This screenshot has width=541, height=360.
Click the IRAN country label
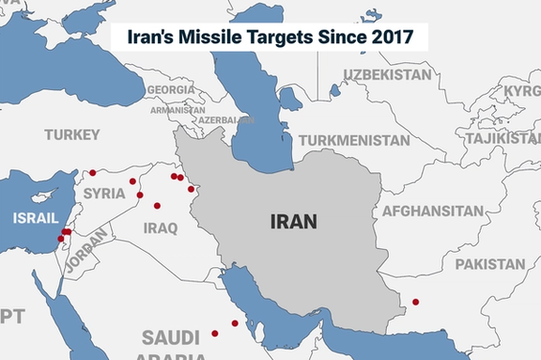(x=293, y=222)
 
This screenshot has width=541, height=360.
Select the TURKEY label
(x=71, y=135)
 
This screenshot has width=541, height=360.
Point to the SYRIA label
(x=103, y=193)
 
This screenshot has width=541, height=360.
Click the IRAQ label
(x=161, y=227)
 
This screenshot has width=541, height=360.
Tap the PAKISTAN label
(x=490, y=264)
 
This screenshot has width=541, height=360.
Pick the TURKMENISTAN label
(x=354, y=141)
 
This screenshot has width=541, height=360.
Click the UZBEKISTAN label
(x=392, y=74)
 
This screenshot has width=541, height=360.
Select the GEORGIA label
(x=171, y=89)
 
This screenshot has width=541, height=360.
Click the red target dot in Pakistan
(x=415, y=302)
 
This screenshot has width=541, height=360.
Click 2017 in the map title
(x=397, y=38)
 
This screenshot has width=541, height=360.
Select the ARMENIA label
(x=178, y=109)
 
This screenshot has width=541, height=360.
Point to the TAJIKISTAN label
(x=503, y=138)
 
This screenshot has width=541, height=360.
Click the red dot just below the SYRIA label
(x=140, y=196)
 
